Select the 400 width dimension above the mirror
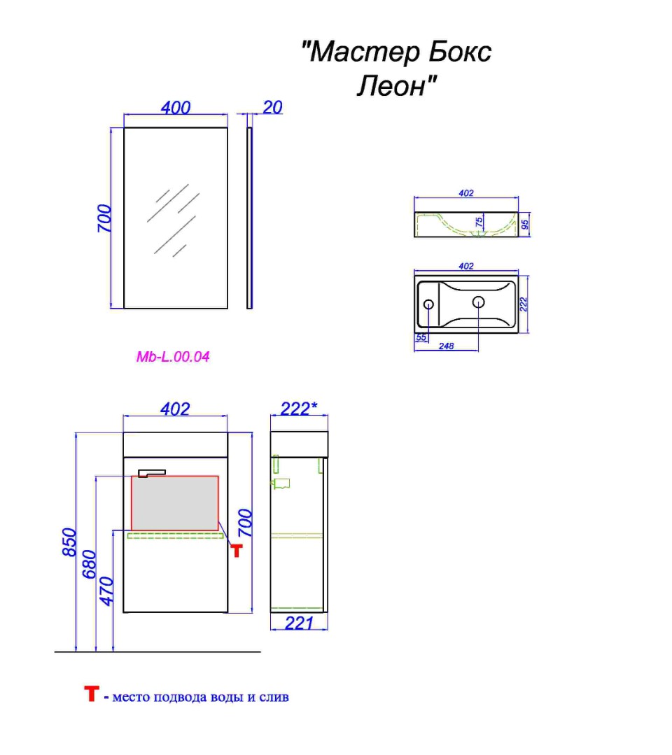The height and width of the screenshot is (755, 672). [x=175, y=107]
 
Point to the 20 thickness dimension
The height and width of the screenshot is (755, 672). [x=273, y=107]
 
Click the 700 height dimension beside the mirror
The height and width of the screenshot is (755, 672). [x=104, y=218]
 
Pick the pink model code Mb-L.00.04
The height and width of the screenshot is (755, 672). [x=173, y=357]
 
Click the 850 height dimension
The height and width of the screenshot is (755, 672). [x=70, y=542]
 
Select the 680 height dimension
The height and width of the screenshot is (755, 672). [x=90, y=564]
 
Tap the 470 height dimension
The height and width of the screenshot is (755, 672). [x=106, y=591]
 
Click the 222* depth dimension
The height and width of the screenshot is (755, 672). [x=299, y=409]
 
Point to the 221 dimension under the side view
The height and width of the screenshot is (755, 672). [x=299, y=623]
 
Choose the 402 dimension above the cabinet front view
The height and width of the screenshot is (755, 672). [x=175, y=409]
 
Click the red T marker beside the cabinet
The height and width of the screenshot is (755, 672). [x=237, y=551]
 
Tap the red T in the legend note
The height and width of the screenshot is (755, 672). [x=92, y=693]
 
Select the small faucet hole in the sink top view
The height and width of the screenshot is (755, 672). [x=428, y=304]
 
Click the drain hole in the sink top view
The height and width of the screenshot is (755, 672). [x=478, y=302]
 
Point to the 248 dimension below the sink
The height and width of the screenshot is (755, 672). [x=447, y=346]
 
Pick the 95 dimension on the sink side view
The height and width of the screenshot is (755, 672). [x=525, y=225]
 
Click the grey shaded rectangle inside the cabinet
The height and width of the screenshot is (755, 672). [x=175, y=503]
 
